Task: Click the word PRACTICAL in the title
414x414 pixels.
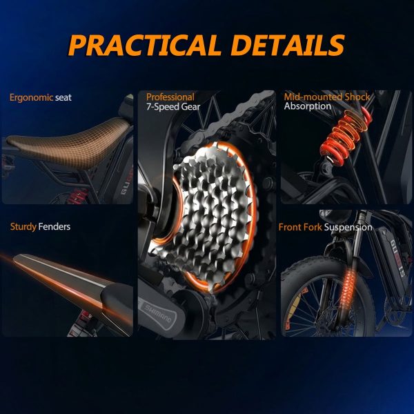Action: pyautogui.click(x=144, y=45)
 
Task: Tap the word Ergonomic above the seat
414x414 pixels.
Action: pyautogui.click(x=32, y=98)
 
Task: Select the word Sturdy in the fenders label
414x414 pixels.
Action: pyautogui.click(x=23, y=227)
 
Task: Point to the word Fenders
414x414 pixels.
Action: pyautogui.click(x=55, y=226)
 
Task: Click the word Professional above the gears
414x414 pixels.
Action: pyautogui.click(x=170, y=97)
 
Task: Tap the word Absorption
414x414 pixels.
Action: pyautogui.click(x=308, y=106)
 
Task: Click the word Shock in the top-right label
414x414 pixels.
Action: pyautogui.click(x=357, y=97)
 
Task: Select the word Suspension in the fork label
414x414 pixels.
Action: pyautogui.click(x=348, y=227)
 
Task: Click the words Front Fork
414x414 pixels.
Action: pyautogui.click(x=300, y=227)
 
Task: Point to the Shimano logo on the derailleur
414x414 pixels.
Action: pyautogui.click(x=158, y=313)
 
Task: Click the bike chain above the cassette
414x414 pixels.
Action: pyautogui.click(x=233, y=116)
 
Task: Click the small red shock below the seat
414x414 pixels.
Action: pyautogui.click(x=77, y=196)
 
